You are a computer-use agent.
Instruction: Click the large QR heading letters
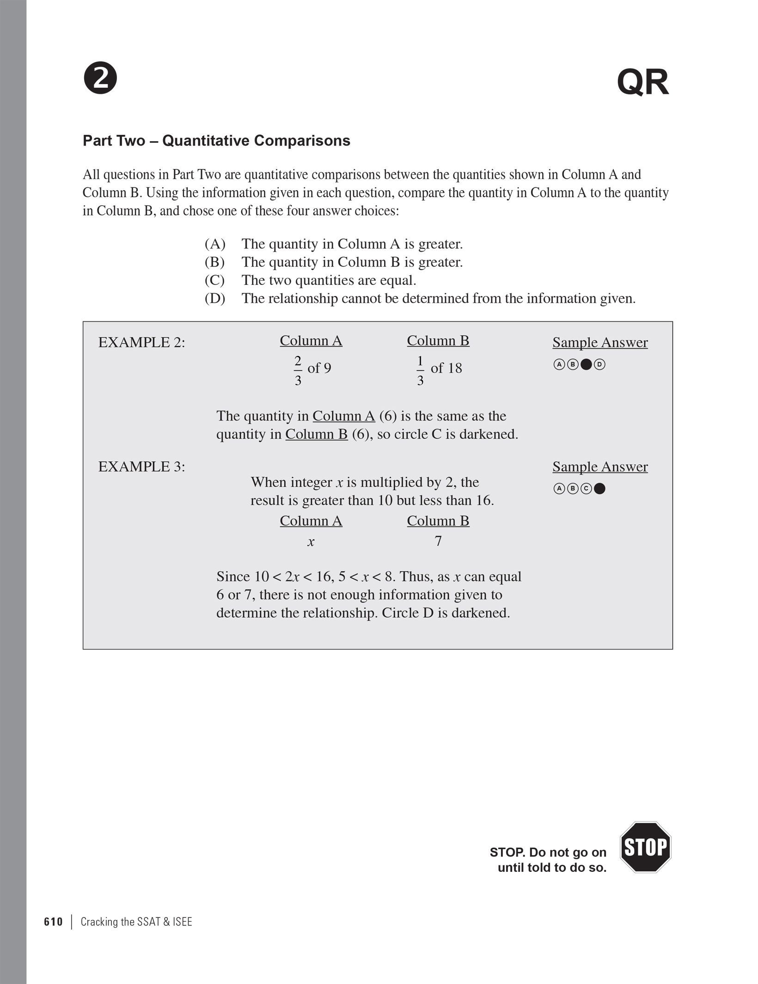642,83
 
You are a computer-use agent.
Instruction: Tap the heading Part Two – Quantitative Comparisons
216,140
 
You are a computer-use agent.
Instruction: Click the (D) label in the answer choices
214,298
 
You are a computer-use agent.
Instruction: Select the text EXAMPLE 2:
141,343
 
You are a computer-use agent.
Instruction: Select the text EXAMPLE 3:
141,467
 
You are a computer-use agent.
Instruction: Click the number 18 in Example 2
454,368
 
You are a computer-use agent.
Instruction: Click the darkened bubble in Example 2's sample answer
586,364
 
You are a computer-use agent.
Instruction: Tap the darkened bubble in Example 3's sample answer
599,489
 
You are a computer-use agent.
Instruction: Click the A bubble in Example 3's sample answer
559,489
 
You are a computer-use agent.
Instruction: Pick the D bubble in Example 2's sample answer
599,364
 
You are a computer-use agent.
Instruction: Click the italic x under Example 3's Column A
311,542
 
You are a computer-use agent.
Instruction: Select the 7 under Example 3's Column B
438,541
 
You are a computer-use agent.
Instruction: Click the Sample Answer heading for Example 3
600,467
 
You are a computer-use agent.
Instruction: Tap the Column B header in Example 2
438,341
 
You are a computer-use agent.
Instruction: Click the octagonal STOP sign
645,847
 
